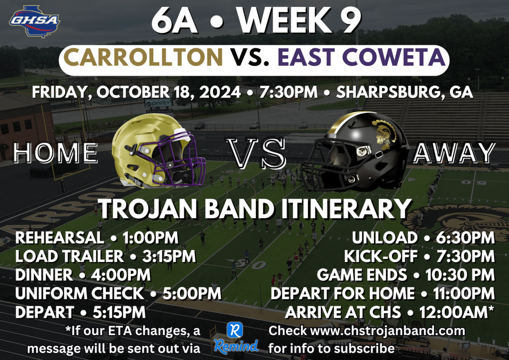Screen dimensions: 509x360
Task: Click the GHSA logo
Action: click(34, 21)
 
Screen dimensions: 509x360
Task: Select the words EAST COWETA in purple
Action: click(361, 57)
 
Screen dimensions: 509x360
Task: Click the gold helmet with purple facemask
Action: click(158, 151)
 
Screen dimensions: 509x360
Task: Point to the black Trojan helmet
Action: click(355, 151)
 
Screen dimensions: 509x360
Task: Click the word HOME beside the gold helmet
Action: click(56, 153)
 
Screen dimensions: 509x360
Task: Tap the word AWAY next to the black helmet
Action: click(454, 153)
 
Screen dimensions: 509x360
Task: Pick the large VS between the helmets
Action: click(256, 153)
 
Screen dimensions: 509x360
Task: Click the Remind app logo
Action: click(236, 338)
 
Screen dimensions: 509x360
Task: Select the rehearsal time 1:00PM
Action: click(150, 238)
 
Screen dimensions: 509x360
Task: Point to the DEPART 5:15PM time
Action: click(119, 312)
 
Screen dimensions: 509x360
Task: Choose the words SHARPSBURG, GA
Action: click(405, 92)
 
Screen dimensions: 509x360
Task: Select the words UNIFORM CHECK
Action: click(80, 294)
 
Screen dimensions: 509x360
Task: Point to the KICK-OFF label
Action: click(381, 256)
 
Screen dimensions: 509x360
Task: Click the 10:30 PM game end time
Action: click(460, 275)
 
